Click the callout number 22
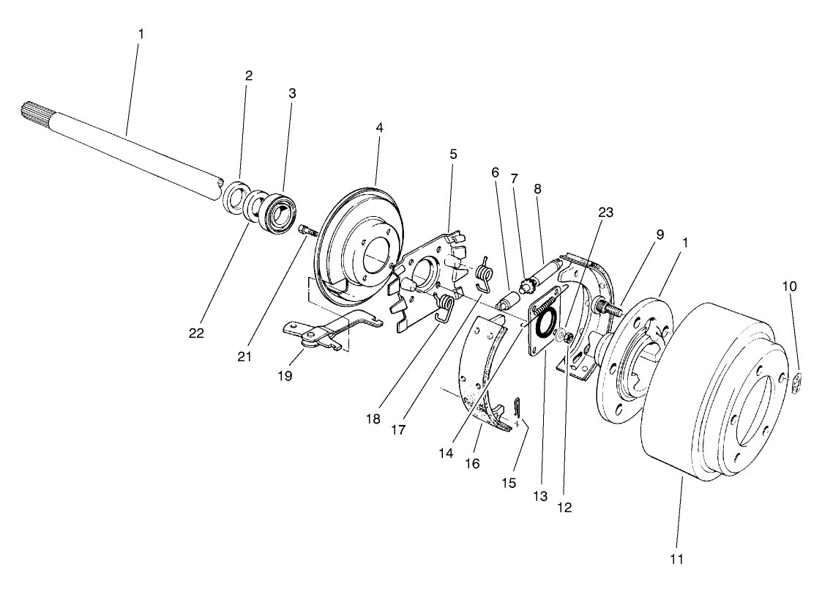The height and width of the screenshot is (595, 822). coord(195,333)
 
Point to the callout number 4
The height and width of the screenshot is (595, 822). coord(379,127)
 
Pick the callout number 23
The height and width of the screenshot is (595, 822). coord(605,212)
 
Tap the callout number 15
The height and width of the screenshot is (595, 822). coord(508,483)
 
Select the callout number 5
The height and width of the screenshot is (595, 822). coord(453,155)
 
